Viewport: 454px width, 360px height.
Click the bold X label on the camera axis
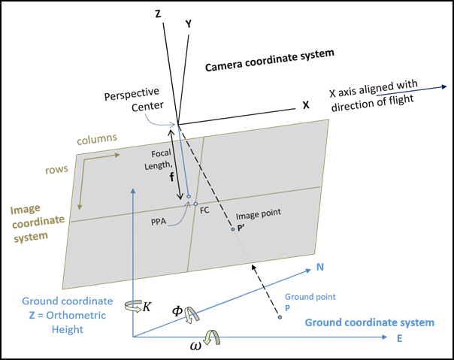[305, 107]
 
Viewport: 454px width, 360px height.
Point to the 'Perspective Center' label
[132, 99]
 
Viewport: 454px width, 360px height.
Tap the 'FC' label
[204, 210]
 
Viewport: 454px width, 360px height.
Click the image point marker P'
[232, 228]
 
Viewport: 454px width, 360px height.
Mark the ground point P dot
[280, 318]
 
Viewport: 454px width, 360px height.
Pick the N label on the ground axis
[319, 268]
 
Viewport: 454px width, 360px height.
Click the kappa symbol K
[147, 307]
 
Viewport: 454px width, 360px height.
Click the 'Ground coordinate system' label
[369, 322]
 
